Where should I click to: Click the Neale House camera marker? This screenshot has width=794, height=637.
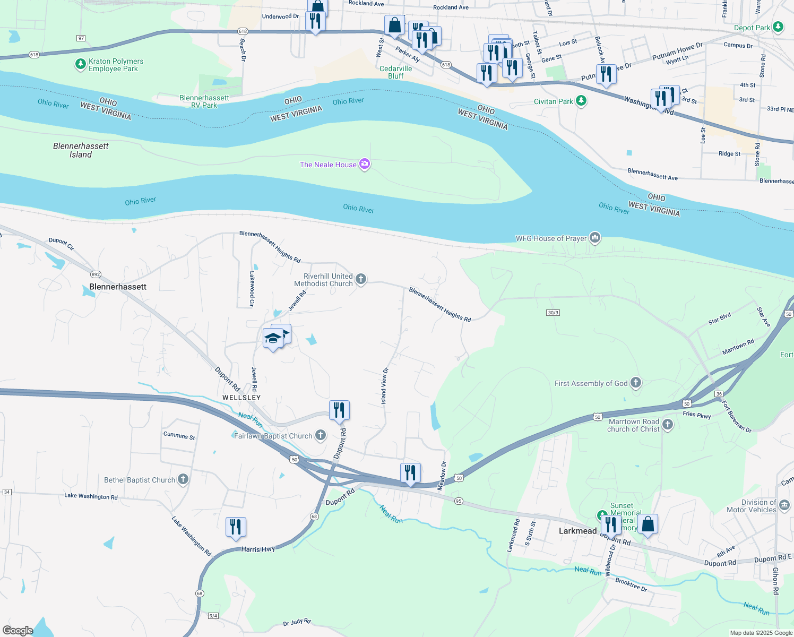point(365,164)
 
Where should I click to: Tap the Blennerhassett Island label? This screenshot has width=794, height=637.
point(81,150)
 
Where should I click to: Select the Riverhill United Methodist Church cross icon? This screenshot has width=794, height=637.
point(361,279)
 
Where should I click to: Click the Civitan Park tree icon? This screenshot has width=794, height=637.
point(581,101)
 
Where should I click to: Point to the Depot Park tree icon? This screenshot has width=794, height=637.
point(778,27)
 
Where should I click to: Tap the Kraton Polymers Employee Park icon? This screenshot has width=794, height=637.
point(80,65)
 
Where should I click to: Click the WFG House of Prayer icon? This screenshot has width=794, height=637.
point(595,238)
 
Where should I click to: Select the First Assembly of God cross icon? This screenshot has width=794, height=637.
point(636,383)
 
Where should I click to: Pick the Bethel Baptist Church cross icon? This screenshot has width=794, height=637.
point(183,479)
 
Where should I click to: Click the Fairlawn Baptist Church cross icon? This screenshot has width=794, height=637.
point(321,435)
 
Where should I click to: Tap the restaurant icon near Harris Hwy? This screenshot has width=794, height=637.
point(236,527)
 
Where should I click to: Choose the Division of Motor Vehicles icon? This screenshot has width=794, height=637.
point(784,505)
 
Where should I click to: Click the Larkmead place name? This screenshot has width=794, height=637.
point(577,531)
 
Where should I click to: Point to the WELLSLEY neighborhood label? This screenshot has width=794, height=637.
point(241,398)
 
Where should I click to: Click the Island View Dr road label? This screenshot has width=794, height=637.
point(384,386)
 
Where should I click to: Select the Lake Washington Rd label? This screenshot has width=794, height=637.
point(91,496)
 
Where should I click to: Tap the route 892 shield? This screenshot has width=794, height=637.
point(96,274)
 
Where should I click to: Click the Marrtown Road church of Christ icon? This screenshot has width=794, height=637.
point(668,425)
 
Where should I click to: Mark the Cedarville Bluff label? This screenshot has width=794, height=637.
point(395,72)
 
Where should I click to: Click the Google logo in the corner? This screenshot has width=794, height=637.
point(18,631)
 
